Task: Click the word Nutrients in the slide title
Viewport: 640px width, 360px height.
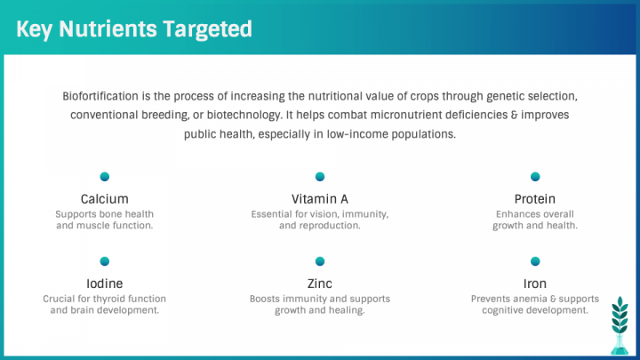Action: (x=108, y=29)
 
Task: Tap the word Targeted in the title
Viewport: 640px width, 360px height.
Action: (x=207, y=30)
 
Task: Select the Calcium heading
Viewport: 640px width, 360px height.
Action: (x=105, y=199)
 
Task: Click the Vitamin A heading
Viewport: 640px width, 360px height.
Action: (x=320, y=199)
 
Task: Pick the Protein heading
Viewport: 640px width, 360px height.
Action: (x=535, y=199)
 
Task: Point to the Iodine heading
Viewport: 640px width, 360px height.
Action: (x=105, y=284)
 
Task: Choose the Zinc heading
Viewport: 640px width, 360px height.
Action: (x=320, y=284)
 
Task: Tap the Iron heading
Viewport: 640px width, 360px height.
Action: (x=535, y=284)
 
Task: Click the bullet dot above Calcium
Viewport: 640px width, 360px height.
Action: (x=105, y=176)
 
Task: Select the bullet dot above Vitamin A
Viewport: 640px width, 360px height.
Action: (x=320, y=176)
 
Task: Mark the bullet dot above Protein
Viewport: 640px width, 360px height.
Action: (x=535, y=176)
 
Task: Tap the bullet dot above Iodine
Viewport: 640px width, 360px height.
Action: (x=105, y=261)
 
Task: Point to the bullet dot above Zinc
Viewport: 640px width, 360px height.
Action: (x=320, y=261)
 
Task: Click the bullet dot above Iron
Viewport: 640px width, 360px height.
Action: (x=535, y=261)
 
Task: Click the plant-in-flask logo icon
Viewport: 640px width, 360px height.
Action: (x=620, y=325)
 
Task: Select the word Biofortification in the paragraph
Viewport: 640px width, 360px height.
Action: (x=100, y=97)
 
